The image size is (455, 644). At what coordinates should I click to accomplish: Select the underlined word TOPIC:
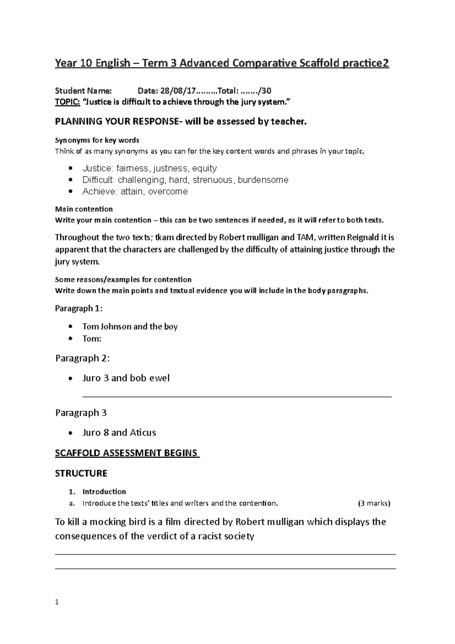tap(67, 102)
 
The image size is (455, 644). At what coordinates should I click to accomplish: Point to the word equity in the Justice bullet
tap(204, 168)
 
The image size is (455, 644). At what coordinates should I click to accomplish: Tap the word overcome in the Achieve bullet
tap(168, 192)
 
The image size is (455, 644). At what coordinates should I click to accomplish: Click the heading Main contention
tap(84, 209)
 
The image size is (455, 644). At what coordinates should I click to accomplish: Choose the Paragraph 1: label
tap(79, 308)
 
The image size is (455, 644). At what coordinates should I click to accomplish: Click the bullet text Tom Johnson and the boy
tap(130, 327)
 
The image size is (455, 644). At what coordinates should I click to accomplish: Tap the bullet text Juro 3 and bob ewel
tap(126, 378)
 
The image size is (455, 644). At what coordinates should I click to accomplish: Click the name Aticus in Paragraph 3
tap(143, 433)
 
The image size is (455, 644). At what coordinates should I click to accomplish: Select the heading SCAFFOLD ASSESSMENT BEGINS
tap(127, 453)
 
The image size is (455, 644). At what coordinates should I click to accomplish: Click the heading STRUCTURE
tap(81, 473)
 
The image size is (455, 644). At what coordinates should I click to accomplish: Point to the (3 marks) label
tap(374, 503)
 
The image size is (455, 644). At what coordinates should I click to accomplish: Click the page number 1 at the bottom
tap(57, 602)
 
